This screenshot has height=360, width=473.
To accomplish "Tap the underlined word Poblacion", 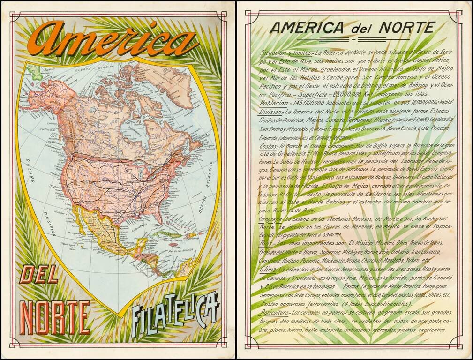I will click(x=274, y=102).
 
